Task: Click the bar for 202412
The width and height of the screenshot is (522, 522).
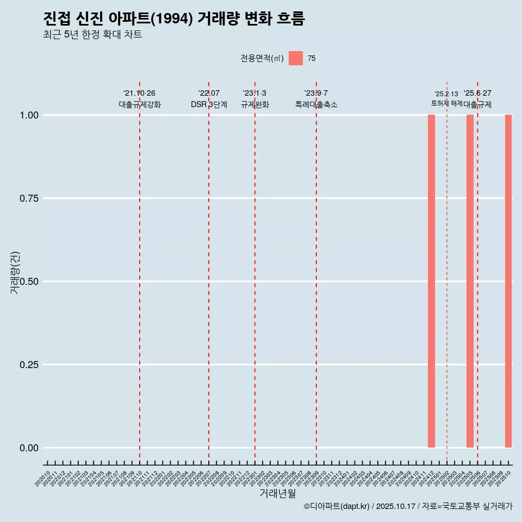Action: (x=431, y=281)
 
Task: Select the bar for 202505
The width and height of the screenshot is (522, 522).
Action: (x=470, y=281)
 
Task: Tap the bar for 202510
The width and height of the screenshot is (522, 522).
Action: (x=508, y=281)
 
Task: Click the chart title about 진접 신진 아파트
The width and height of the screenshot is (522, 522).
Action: (x=174, y=18)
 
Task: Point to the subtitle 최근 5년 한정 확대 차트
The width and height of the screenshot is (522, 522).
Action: (x=92, y=35)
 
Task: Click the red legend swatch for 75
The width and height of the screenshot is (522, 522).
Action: (x=296, y=58)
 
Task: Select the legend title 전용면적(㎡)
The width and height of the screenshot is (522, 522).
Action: (x=262, y=58)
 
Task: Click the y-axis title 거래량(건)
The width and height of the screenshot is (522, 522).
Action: (x=15, y=273)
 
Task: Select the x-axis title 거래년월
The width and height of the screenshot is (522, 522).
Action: (x=278, y=494)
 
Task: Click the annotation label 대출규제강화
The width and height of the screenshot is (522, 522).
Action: (x=140, y=104)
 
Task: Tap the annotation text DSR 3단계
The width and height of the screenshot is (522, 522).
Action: (x=209, y=104)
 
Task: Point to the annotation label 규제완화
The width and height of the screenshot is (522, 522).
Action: (x=255, y=104)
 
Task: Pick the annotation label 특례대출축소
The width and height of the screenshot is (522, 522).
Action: (x=316, y=104)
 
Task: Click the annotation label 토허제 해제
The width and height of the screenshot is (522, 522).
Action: (x=446, y=103)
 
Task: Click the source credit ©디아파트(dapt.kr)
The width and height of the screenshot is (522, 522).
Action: (x=337, y=506)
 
